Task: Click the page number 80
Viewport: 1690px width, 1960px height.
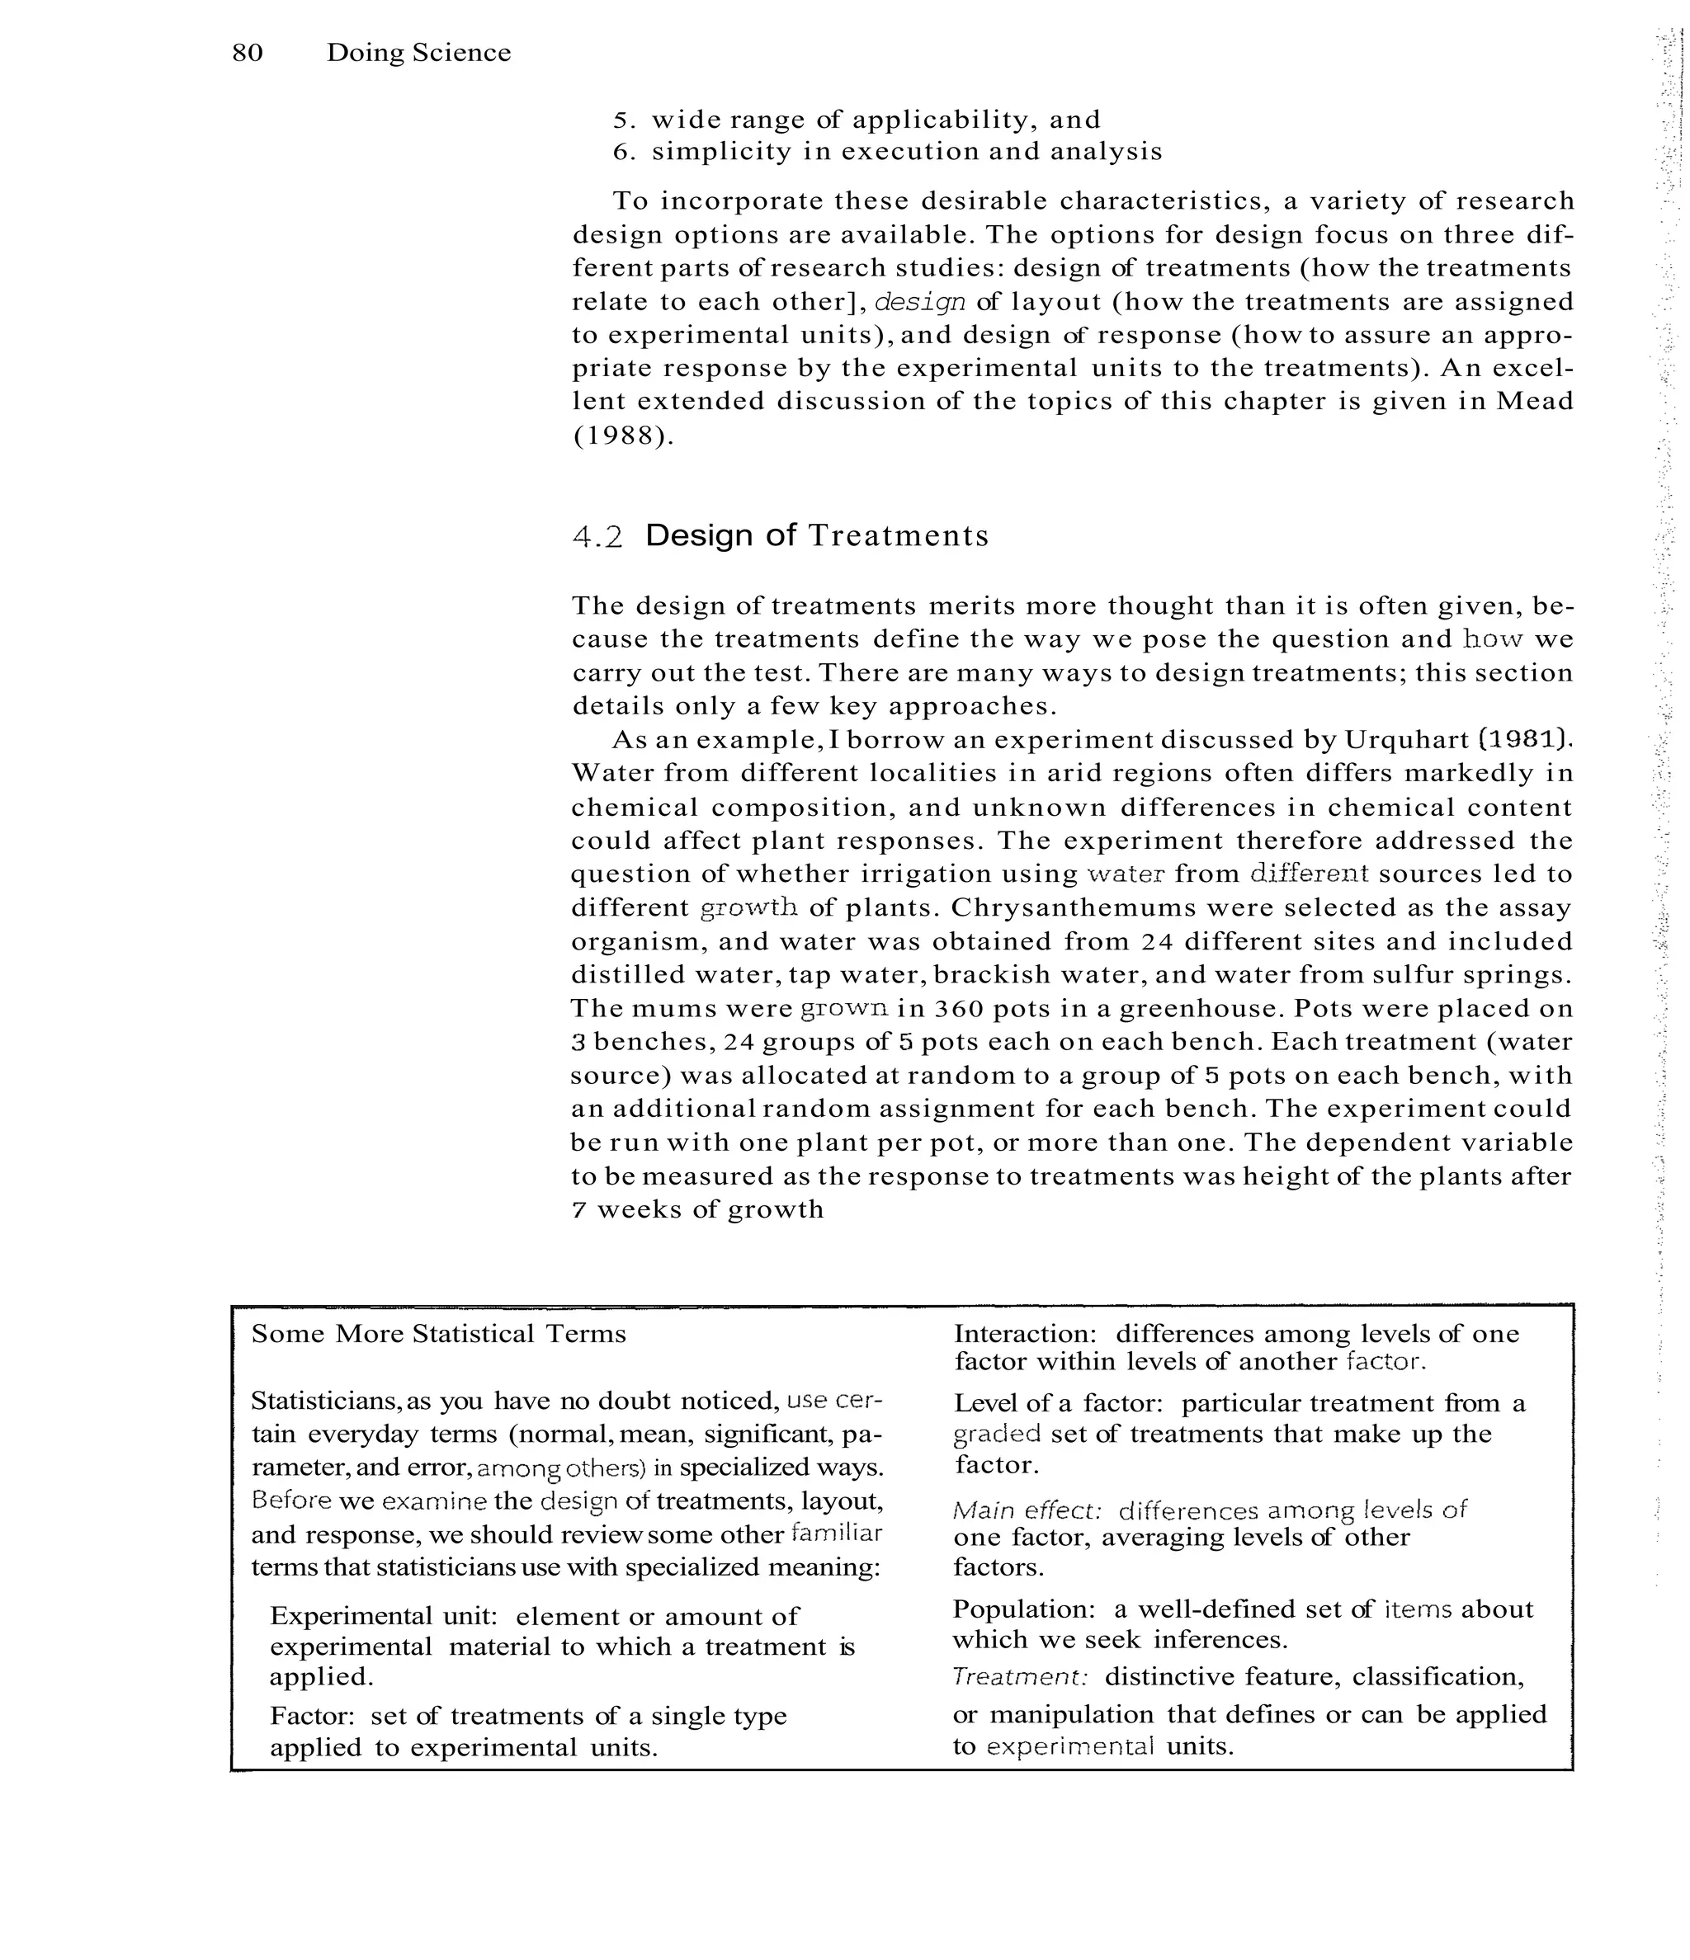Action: [247, 53]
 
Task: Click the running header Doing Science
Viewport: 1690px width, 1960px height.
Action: [418, 53]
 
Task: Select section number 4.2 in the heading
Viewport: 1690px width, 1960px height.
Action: [597, 537]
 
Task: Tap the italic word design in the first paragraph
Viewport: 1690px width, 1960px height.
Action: [920, 303]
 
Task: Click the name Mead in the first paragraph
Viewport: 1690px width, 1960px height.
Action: [1534, 402]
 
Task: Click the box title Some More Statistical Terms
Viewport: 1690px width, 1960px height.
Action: [438, 1335]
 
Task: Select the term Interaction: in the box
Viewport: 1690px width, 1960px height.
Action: [1024, 1335]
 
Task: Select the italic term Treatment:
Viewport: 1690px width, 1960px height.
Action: [1020, 1677]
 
